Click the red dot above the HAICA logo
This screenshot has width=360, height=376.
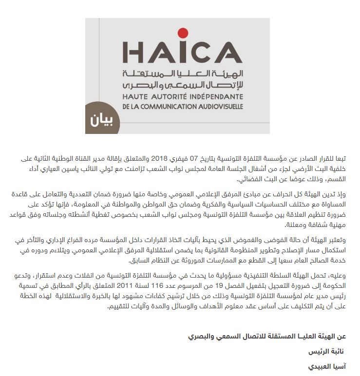pos(183,33)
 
